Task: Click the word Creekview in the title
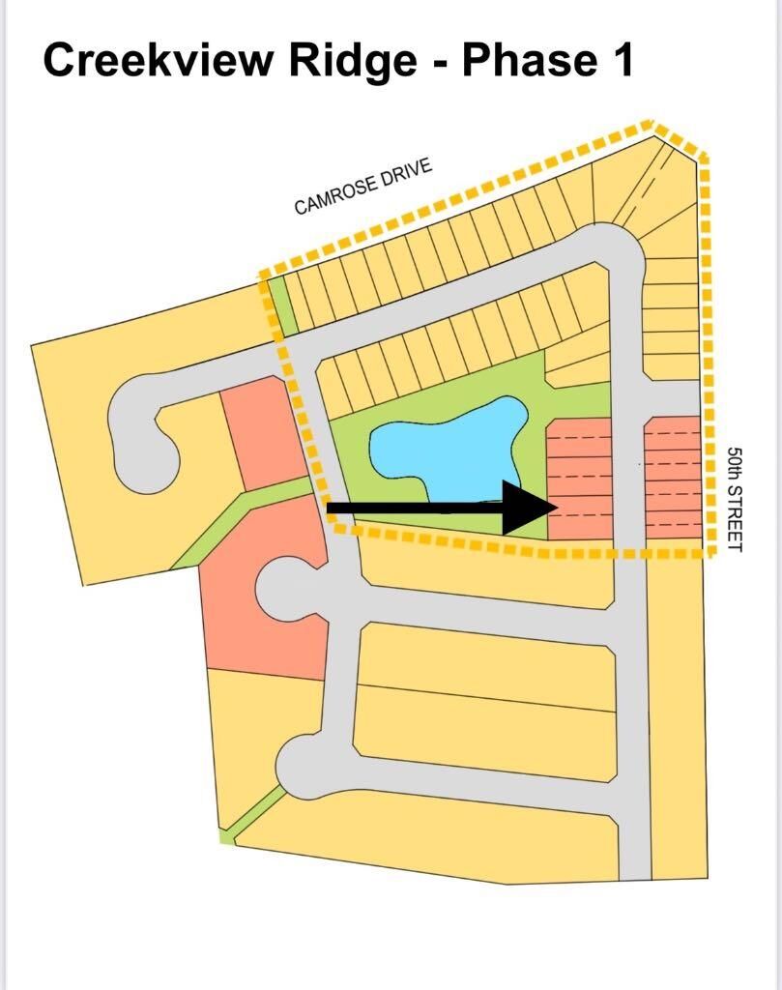[159, 61]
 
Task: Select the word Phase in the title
[529, 60]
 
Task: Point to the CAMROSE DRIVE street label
[363, 187]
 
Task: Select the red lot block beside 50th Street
[674, 478]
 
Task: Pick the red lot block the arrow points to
[579, 479]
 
